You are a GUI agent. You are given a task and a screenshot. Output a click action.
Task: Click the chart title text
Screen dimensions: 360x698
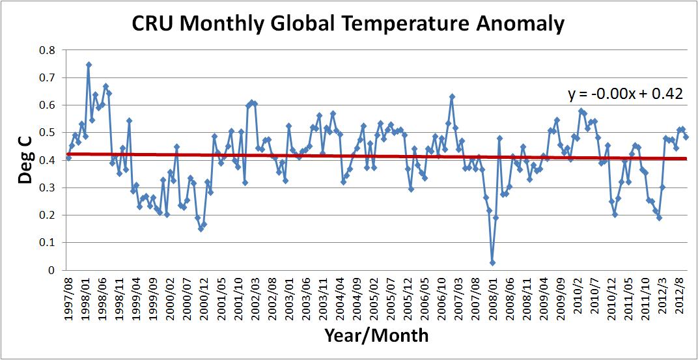348,24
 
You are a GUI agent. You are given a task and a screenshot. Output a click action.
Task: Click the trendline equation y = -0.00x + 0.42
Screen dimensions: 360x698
625,94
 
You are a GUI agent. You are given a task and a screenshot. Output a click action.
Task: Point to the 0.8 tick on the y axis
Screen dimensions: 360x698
48,50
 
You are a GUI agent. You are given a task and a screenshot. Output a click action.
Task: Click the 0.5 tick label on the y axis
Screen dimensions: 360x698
48,133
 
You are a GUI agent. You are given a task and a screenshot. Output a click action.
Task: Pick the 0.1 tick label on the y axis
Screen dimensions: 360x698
48,243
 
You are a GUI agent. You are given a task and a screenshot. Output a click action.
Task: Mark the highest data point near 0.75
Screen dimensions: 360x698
89,64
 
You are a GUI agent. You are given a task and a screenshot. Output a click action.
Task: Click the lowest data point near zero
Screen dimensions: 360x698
492,262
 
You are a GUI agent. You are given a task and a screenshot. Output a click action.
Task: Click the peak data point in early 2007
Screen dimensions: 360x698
452,96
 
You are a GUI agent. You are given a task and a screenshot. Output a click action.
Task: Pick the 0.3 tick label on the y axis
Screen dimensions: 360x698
48,188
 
